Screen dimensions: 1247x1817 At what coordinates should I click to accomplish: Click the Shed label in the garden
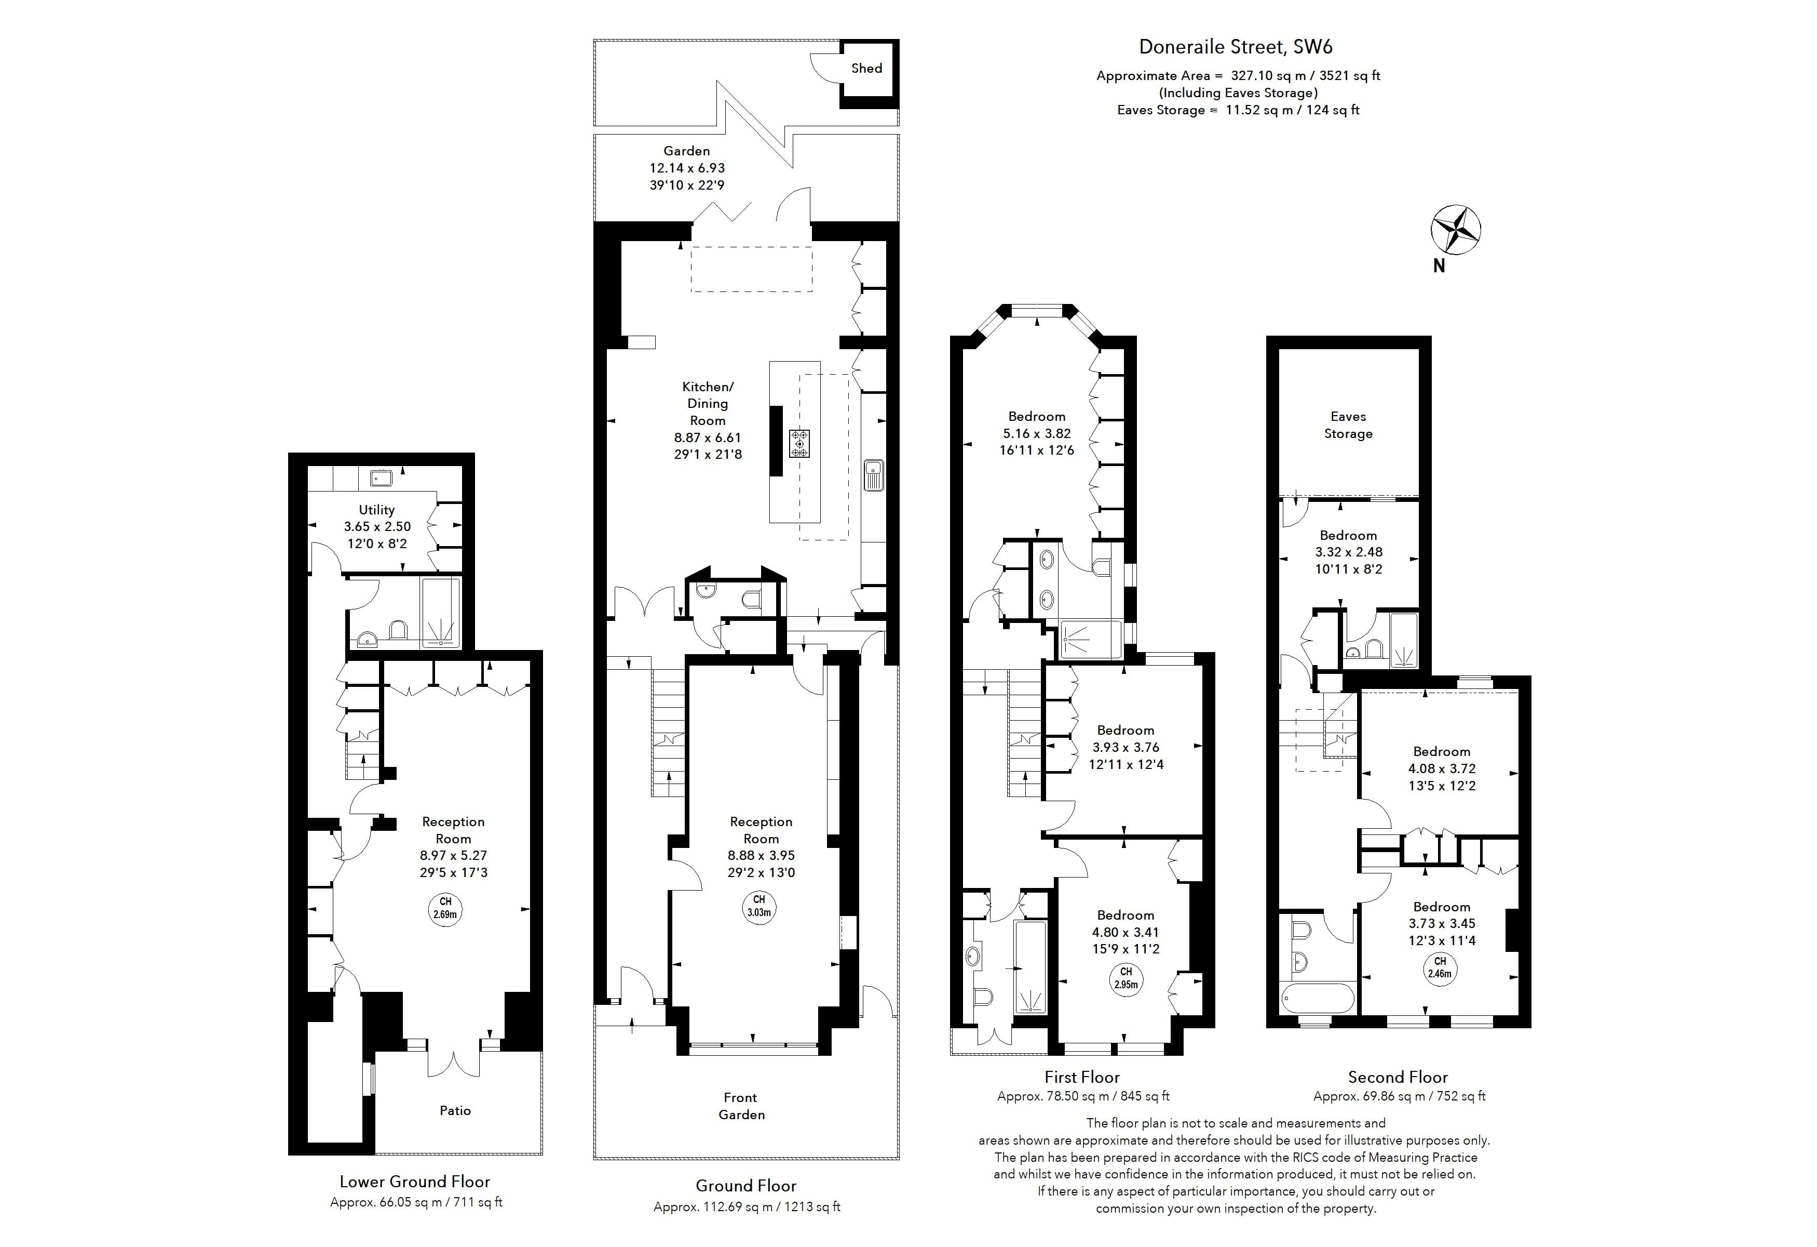[866, 68]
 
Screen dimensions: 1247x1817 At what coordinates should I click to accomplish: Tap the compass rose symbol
[1455, 230]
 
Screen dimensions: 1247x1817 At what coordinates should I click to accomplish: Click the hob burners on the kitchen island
[799, 443]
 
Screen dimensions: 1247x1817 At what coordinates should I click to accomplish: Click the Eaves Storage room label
[1348, 425]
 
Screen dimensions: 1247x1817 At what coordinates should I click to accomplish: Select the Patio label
[455, 1110]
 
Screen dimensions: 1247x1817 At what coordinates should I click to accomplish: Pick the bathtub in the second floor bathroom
[1318, 998]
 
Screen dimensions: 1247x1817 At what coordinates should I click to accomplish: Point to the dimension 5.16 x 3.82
[1037, 433]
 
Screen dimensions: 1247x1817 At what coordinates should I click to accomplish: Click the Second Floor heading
[1398, 1077]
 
